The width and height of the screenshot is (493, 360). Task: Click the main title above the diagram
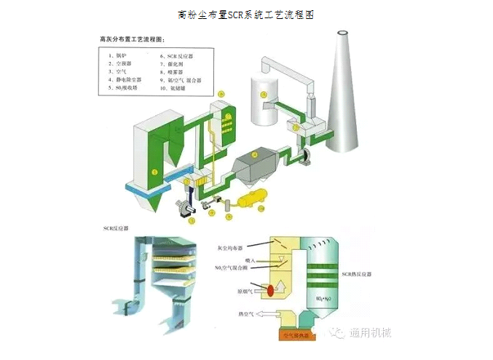[x=246, y=14]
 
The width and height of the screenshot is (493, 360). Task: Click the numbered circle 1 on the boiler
[x=154, y=171]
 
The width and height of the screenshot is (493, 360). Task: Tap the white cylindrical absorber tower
[x=265, y=93]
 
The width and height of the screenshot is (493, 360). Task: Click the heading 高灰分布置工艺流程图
[x=132, y=36]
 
